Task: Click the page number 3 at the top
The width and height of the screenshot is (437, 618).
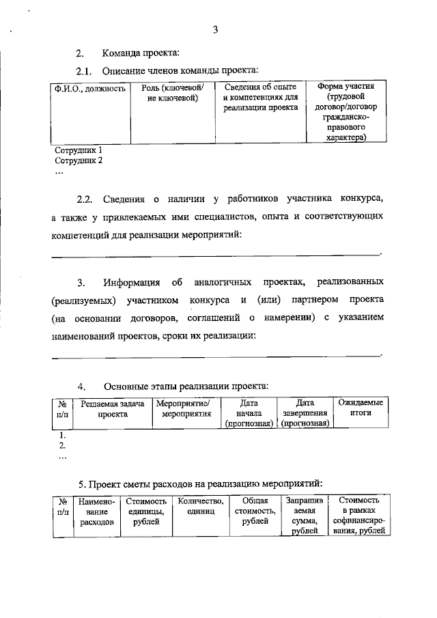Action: pos(215,29)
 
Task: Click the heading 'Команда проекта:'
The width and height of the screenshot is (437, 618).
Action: pos(141,53)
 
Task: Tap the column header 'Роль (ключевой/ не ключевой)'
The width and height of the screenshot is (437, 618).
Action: pos(173,94)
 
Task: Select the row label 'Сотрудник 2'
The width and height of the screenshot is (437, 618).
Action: pos(78,160)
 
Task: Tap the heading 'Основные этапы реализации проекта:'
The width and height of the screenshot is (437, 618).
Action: pos(186,386)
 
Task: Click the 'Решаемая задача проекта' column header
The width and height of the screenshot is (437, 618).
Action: pos(113,409)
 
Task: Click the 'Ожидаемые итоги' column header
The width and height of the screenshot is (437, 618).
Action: pos(361,408)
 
